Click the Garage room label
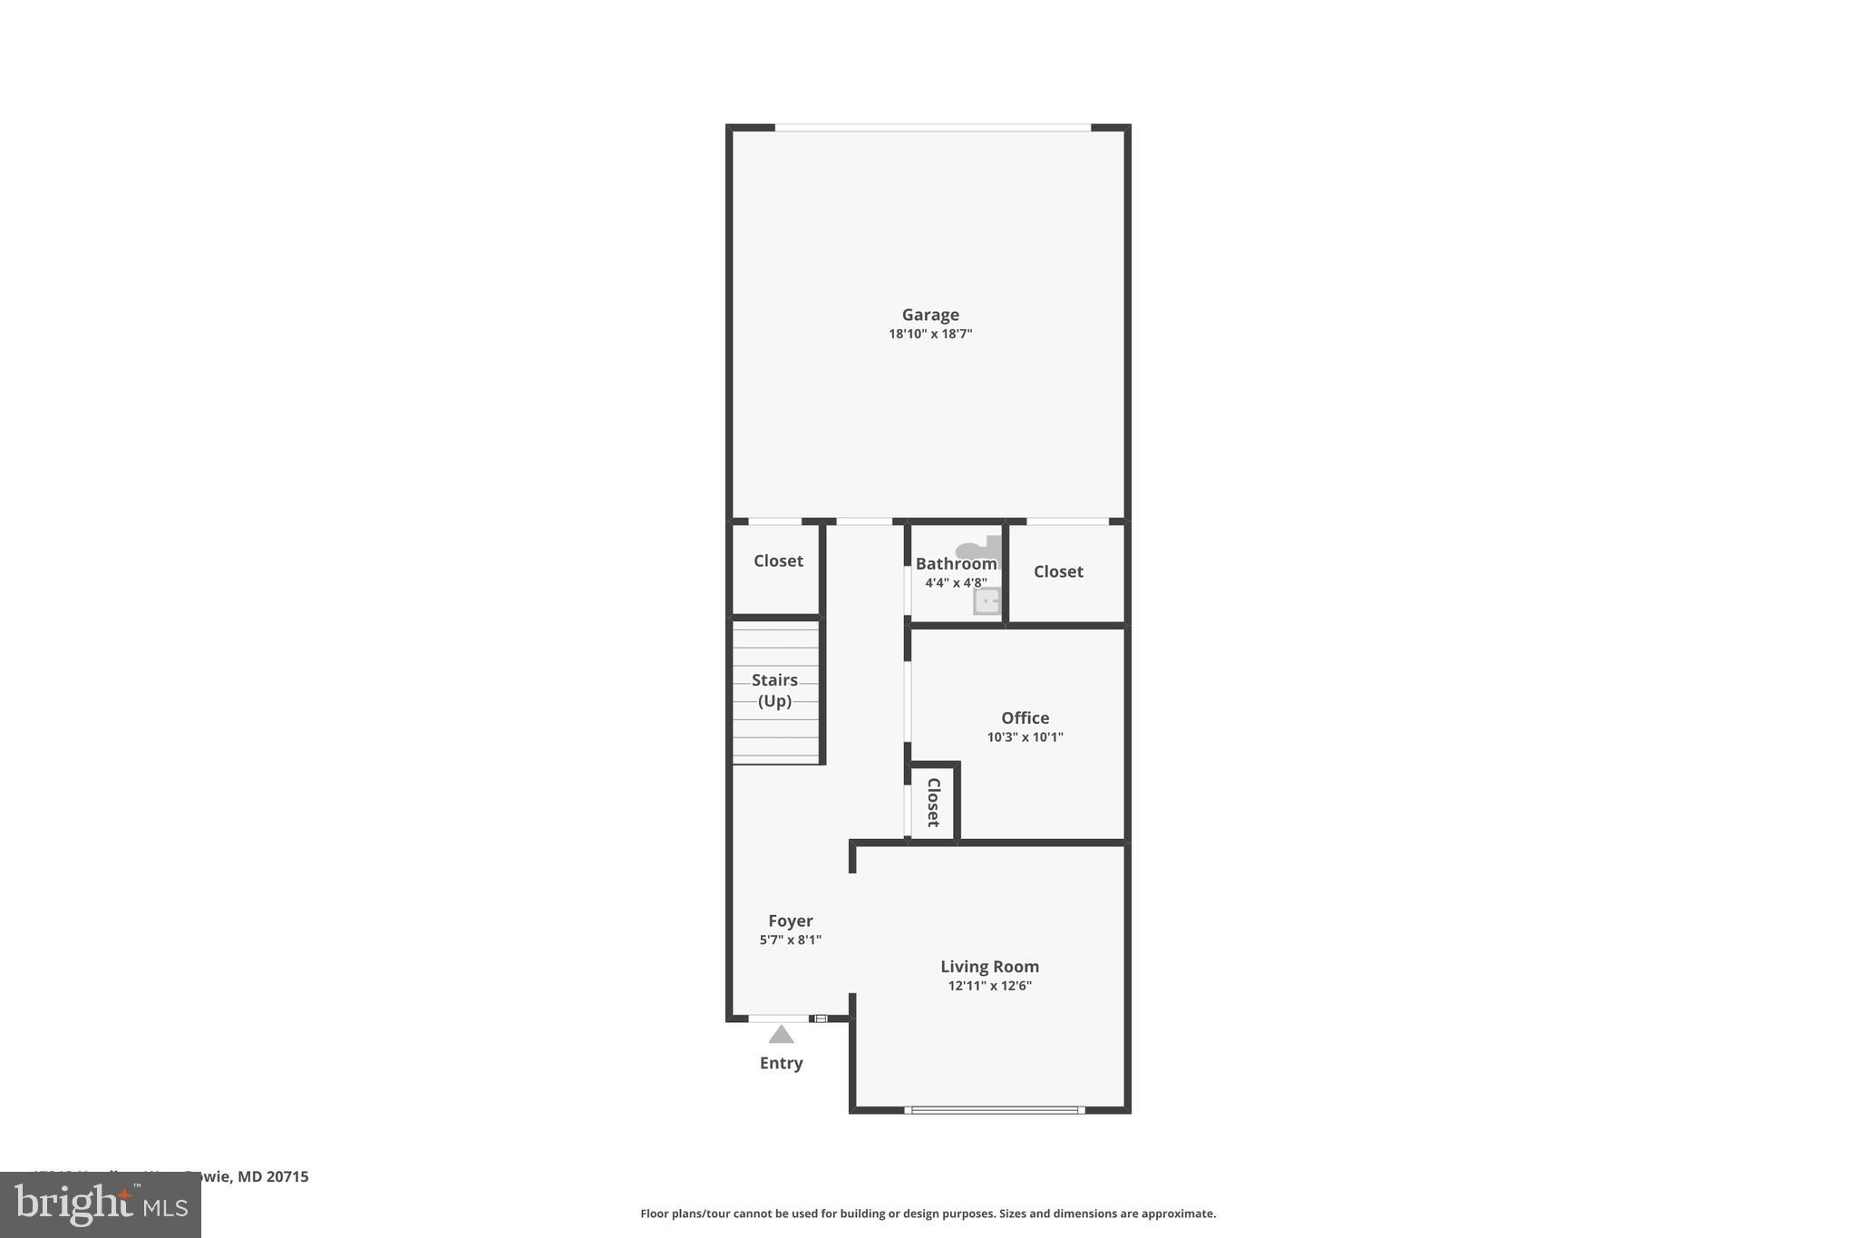coord(930,315)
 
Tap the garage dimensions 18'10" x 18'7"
coord(930,334)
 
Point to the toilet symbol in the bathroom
coord(980,547)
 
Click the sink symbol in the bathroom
coord(987,600)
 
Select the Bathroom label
coord(956,564)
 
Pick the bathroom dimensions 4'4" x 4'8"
coord(956,583)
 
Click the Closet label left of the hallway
coord(778,561)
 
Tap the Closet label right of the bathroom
coord(1058,571)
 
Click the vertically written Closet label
coord(933,802)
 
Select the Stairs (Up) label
coord(775,690)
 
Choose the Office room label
coord(1025,717)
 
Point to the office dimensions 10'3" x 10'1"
coord(1025,737)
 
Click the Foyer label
coord(791,921)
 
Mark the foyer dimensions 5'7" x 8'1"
coord(791,940)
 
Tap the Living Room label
coord(989,967)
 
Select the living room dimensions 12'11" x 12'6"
coord(989,986)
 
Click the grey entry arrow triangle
coord(782,1035)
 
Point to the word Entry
coord(782,1063)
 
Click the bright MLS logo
coord(101,1204)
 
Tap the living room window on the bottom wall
coord(995,1109)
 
